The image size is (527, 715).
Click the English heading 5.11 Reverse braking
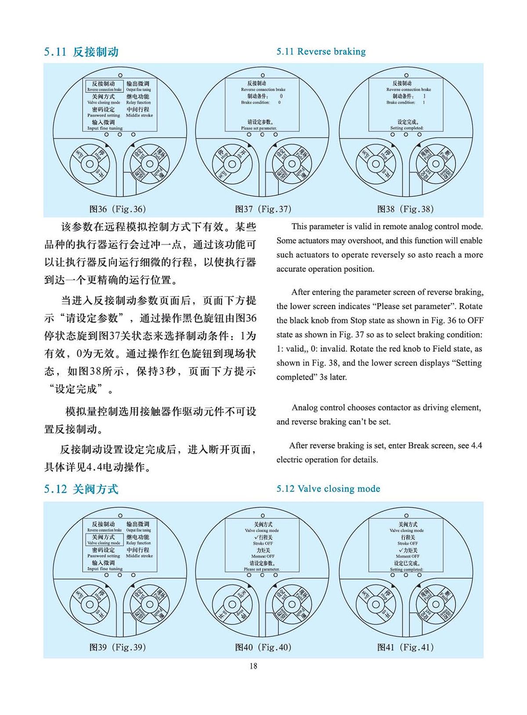click(321, 52)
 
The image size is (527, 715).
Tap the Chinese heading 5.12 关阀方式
click(81, 489)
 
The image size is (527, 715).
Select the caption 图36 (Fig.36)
click(118, 209)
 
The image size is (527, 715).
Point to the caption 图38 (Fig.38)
click(405, 209)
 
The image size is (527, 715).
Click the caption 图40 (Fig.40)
click(263, 647)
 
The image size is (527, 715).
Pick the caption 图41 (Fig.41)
click(405, 647)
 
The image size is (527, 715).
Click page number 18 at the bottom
click(253, 666)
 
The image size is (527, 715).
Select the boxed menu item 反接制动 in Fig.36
click(104, 86)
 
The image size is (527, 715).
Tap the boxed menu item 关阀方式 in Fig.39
click(104, 539)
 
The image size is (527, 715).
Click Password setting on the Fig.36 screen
click(104, 116)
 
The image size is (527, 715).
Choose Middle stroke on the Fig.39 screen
click(139, 556)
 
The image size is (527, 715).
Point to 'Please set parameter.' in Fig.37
click(259, 128)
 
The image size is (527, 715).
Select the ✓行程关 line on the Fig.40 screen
click(263, 537)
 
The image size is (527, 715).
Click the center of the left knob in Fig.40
click(232, 604)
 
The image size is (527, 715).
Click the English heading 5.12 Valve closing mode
click(328, 489)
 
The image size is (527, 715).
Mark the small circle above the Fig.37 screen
click(263, 76)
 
